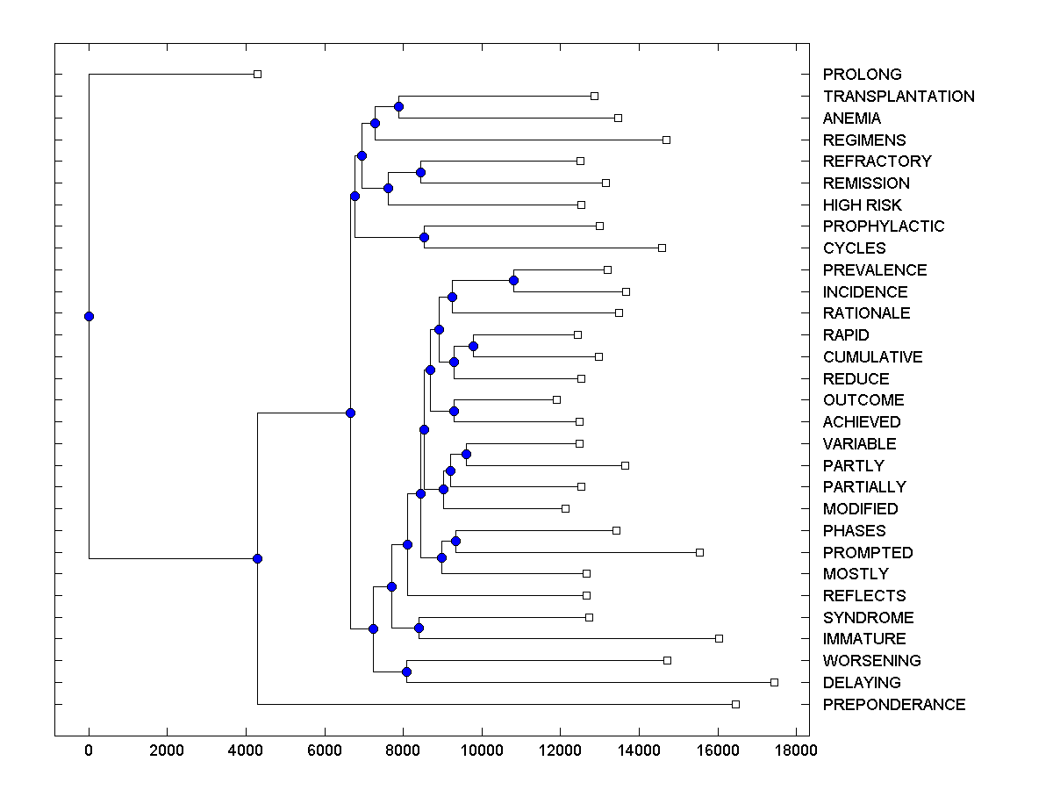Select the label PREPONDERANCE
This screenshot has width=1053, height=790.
(x=893, y=705)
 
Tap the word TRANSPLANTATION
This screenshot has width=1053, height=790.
(x=899, y=97)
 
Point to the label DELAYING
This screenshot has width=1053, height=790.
(x=862, y=683)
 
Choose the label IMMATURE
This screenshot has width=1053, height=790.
(x=864, y=639)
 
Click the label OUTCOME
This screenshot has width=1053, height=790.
(x=863, y=400)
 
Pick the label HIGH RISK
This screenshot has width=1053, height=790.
(x=862, y=205)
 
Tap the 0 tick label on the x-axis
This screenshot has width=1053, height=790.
(x=89, y=750)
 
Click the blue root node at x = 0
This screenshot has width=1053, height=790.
(x=89, y=316)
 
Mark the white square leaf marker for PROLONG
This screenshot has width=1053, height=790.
(x=257, y=74)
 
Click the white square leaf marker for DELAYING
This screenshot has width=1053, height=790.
(x=774, y=682)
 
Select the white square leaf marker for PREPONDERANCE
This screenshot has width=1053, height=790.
(x=735, y=704)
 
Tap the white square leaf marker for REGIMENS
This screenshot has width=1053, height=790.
(x=666, y=140)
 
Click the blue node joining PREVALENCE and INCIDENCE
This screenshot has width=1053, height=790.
(x=513, y=281)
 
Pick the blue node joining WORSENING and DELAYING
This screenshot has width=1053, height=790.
(x=406, y=671)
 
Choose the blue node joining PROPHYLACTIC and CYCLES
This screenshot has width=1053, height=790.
(x=424, y=237)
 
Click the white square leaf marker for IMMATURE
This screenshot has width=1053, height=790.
(x=719, y=638)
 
